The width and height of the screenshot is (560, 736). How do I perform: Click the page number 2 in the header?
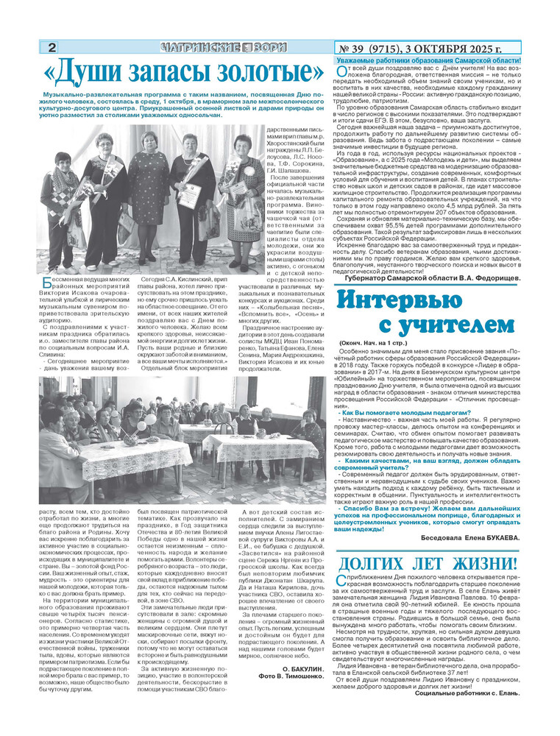52,47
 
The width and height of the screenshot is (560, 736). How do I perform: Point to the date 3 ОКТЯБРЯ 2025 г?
471,47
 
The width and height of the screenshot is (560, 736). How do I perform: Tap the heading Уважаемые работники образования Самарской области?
429,60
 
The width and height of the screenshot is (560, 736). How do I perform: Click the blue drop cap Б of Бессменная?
46,283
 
